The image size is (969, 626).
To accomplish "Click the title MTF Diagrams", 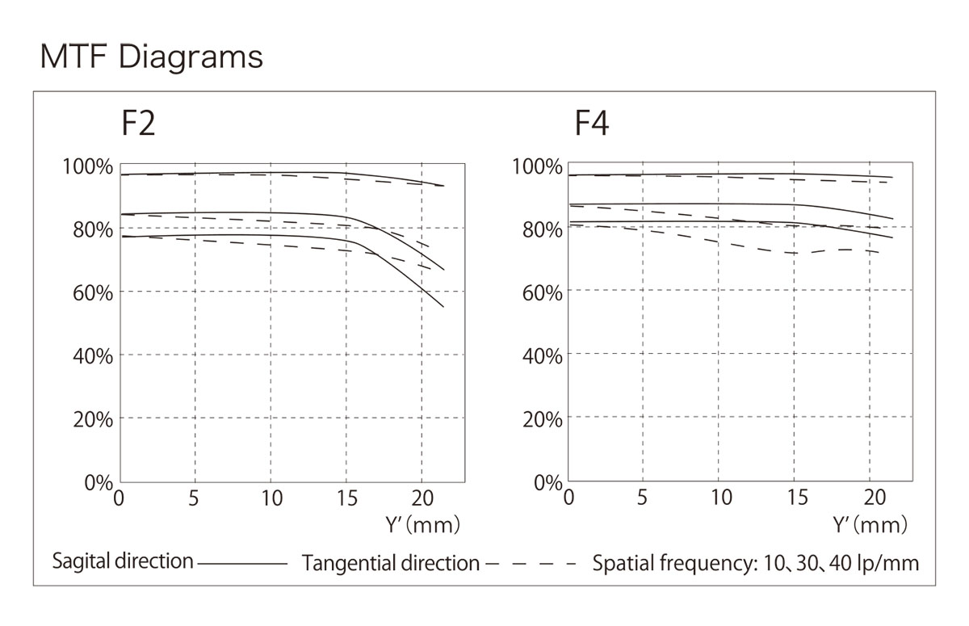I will (151, 58).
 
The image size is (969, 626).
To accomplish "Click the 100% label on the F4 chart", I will (538, 167).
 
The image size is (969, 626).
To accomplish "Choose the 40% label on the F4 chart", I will (541, 356).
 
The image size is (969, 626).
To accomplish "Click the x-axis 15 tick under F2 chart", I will (346, 498).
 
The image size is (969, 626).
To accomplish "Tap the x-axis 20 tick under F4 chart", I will (873, 498).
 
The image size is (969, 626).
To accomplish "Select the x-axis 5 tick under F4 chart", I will (643, 498).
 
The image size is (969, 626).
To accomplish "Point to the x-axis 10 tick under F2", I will (271, 498).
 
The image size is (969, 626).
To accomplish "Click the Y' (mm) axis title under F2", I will (422, 525).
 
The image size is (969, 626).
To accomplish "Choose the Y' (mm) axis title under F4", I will (870, 525).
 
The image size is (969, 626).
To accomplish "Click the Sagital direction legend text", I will (123, 561).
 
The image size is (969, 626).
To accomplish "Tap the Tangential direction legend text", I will (391, 563).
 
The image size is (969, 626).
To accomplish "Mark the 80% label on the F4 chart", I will (541, 229).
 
